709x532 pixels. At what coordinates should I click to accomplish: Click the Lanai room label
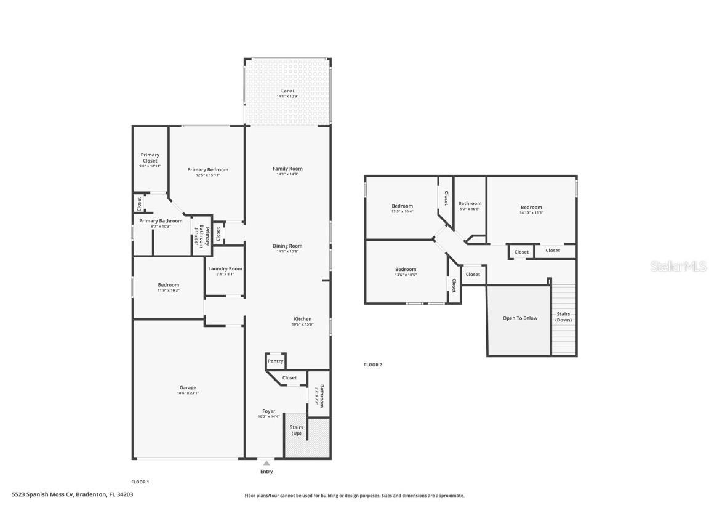(287, 91)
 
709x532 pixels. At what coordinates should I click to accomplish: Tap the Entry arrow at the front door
(266, 463)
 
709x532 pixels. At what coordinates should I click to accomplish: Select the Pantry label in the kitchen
(275, 361)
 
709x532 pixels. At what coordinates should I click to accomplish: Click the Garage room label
(188, 387)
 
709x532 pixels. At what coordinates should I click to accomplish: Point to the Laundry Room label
(225, 268)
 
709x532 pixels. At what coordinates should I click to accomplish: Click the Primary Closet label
(150, 158)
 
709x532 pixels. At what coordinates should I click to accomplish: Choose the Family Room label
(287, 169)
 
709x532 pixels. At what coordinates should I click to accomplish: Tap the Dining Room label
(287, 246)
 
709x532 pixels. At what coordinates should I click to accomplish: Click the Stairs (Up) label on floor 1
(295, 430)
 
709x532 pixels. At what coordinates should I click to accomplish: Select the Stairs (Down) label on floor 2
(563, 316)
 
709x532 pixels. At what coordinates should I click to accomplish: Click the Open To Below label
(519, 318)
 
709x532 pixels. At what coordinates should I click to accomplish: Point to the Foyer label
(269, 411)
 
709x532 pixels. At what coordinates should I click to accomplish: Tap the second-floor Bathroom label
(470, 203)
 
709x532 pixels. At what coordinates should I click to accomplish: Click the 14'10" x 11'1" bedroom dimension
(531, 212)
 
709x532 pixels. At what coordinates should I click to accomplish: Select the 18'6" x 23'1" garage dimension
(188, 393)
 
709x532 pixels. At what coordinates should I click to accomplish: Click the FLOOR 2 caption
(373, 365)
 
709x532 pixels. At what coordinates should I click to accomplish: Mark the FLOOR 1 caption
(140, 482)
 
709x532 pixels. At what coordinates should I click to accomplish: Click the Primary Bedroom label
(207, 170)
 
